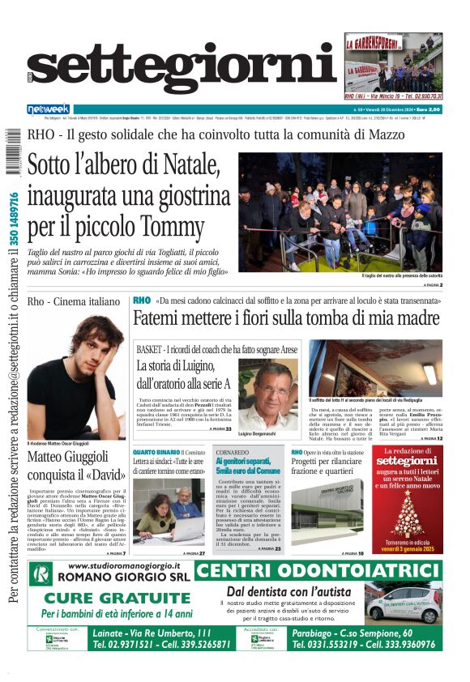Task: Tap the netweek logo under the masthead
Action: (x=49, y=108)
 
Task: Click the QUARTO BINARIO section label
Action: (x=156, y=452)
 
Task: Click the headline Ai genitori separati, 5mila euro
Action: (x=249, y=465)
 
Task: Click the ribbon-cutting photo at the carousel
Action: (x=351, y=211)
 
